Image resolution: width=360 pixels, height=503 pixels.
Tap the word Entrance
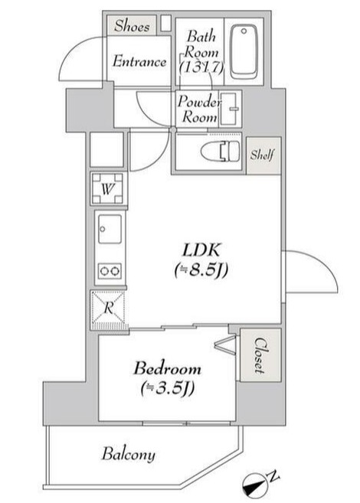(139, 62)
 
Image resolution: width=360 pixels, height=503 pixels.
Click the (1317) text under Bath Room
(200, 67)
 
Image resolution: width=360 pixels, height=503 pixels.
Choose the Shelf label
(263, 154)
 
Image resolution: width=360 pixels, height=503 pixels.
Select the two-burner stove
(109, 270)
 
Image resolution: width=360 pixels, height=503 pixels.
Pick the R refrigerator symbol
(109, 309)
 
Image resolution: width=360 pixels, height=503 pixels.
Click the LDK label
(201, 250)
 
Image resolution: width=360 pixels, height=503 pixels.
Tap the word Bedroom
(167, 368)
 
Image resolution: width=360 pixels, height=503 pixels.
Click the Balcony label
(129, 455)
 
